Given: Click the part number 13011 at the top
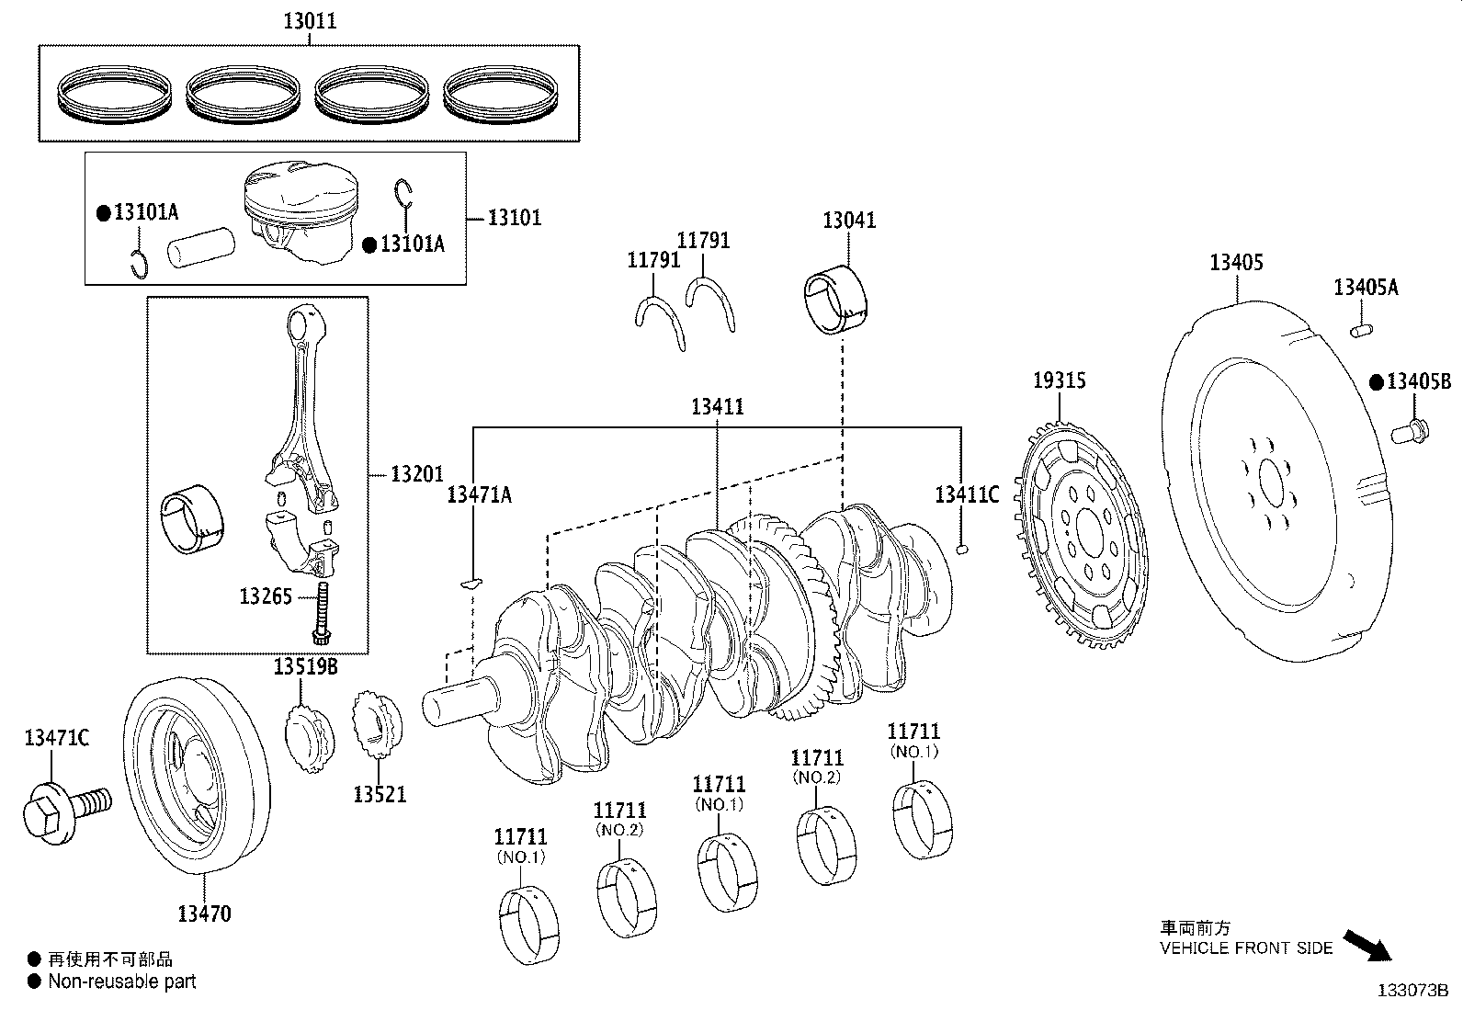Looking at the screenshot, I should (x=309, y=20).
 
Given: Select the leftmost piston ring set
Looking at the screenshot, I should (x=115, y=96).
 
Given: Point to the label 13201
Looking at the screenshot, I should (x=416, y=474).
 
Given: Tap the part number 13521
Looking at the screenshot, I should (x=380, y=794).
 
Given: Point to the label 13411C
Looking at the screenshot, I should (x=967, y=494).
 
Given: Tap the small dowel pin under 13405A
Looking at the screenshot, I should (x=1361, y=327).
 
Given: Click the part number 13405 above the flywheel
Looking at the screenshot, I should (x=1236, y=263).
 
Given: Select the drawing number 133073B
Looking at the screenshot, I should (x=1412, y=991).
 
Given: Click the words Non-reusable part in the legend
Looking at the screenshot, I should (x=121, y=982).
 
